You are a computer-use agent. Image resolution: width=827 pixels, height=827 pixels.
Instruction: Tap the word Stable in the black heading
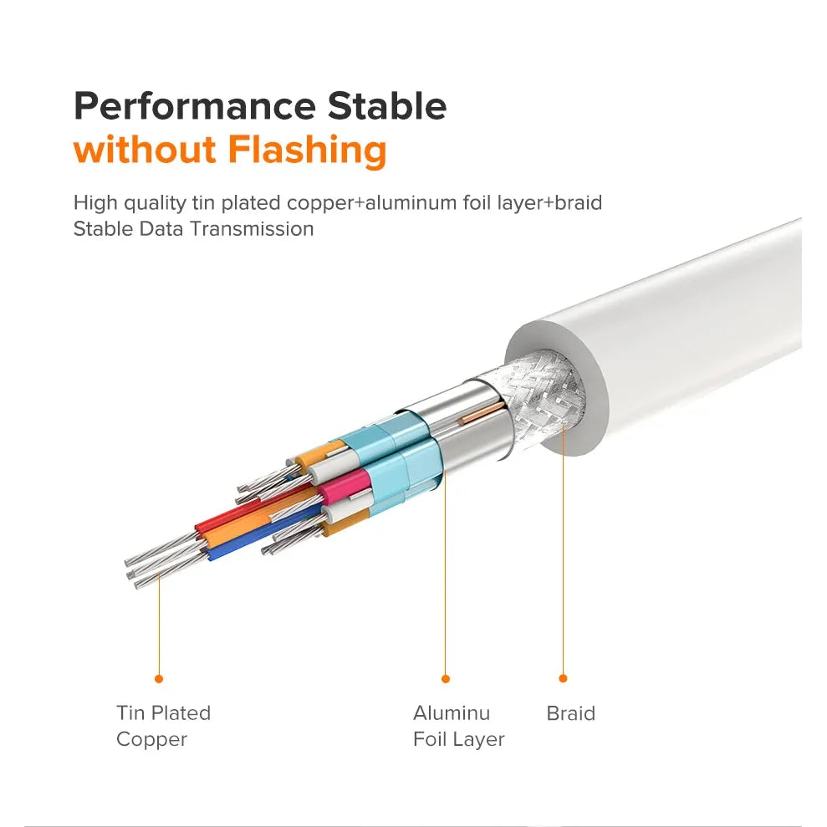[x=387, y=106]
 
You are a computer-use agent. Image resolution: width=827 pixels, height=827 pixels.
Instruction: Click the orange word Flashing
[x=308, y=151]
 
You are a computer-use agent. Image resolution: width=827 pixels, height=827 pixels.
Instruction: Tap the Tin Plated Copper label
[x=164, y=727]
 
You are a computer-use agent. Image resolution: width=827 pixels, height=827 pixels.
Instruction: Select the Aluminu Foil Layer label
[x=459, y=727]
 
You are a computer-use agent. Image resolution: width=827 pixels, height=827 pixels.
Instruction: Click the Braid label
[x=570, y=713]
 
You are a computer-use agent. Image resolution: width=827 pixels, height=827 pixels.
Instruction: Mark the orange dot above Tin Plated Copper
[x=159, y=679]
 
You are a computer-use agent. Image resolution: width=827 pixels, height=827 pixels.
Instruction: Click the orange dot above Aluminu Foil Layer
[x=446, y=679]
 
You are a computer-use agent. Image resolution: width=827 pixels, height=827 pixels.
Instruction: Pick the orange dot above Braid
[x=563, y=678]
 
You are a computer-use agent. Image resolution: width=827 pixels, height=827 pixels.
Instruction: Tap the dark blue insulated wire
[x=263, y=531]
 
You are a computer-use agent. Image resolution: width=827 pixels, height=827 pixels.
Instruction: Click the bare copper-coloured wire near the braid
[x=482, y=412]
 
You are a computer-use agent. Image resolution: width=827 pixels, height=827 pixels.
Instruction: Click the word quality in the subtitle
[x=155, y=203]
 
